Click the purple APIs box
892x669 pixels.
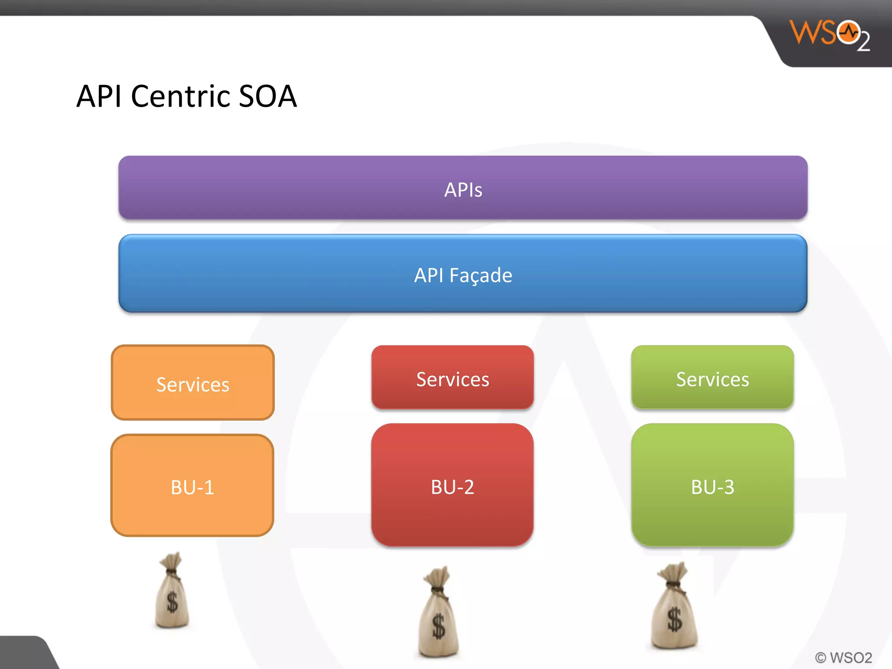[463, 188]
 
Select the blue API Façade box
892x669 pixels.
[463, 274]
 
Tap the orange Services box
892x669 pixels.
[193, 383]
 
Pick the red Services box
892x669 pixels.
[453, 377]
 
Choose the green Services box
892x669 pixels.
[713, 377]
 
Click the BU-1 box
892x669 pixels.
[193, 486]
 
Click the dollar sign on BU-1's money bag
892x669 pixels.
[172, 603]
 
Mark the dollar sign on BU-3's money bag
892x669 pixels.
[675, 619]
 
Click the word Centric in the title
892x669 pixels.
[181, 96]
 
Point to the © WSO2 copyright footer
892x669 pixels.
[843, 657]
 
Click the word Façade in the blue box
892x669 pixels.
[481, 275]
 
